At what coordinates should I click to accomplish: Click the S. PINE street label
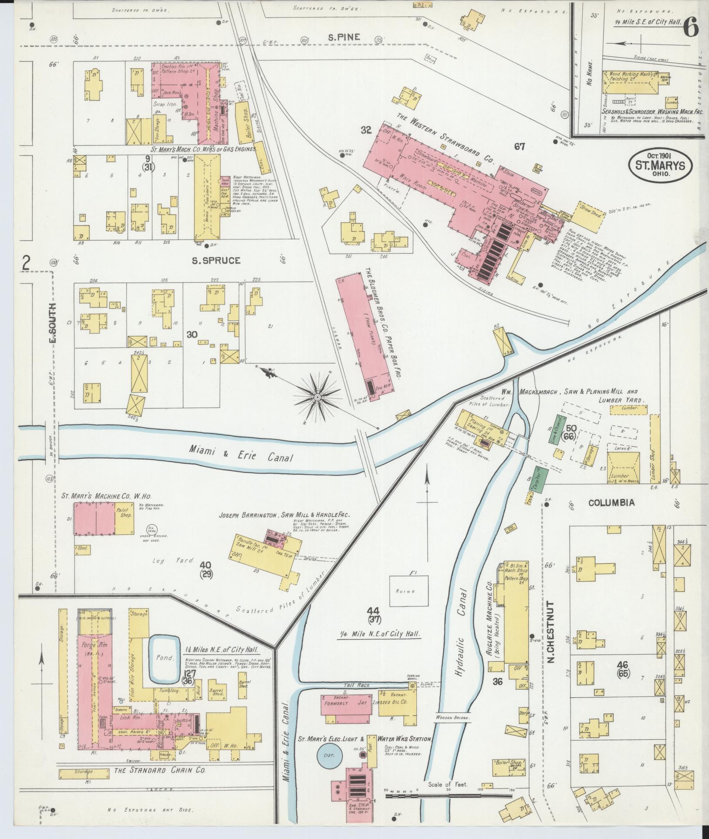click(344, 37)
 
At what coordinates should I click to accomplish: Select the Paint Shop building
click(124, 519)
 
